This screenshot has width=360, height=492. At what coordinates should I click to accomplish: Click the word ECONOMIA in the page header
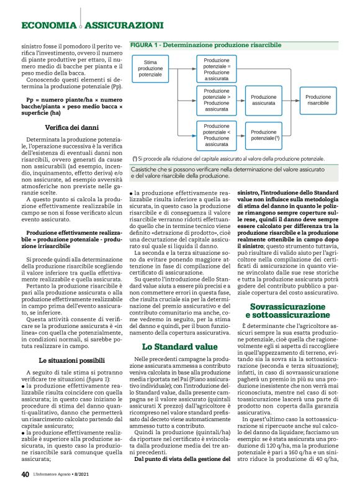point(48,25)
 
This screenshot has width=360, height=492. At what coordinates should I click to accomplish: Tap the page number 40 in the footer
point(25,475)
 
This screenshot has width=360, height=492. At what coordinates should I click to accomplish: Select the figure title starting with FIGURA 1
point(205,45)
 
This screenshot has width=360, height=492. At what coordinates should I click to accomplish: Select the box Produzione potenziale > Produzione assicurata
point(216,101)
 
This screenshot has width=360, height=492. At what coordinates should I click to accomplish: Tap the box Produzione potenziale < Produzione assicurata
point(216,134)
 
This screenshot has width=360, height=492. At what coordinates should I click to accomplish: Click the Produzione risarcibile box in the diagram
point(318,101)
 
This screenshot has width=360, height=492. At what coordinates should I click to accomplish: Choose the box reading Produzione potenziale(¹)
point(267,134)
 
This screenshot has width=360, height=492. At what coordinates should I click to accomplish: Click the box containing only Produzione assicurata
point(267,101)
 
